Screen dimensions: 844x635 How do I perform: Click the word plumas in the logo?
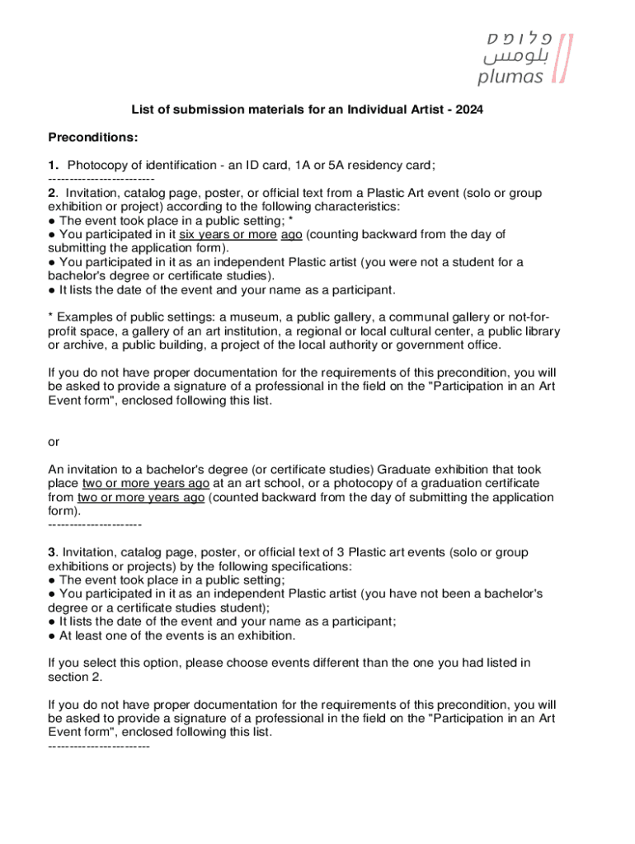[x=510, y=77]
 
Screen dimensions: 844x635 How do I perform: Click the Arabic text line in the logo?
[x=513, y=58]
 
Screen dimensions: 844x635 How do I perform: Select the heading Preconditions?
[x=93, y=137]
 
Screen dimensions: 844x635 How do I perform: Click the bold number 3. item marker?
[x=54, y=552]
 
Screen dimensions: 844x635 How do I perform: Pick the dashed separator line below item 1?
[x=101, y=179]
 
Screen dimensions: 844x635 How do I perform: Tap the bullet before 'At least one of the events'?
[x=53, y=635]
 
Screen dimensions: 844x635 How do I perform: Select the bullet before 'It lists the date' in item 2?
[x=53, y=290]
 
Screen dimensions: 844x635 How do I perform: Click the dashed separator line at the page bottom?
[x=99, y=746]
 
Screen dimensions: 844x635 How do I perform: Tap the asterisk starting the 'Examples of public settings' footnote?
[x=51, y=317]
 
